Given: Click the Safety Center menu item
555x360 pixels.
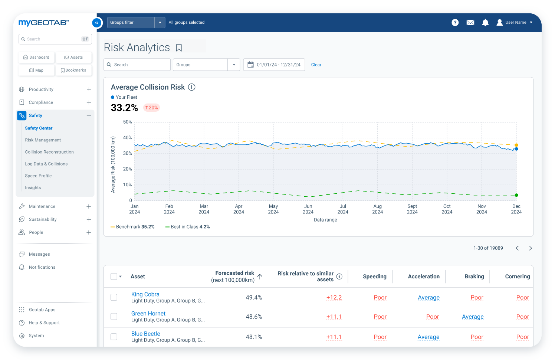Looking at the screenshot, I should click(39, 128).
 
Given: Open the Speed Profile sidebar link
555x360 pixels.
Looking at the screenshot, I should click(38, 176).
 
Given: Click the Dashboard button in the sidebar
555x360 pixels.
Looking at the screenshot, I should click(36, 58).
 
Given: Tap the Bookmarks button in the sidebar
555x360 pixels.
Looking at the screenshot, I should click(73, 71).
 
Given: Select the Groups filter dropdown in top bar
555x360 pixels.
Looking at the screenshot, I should click(136, 23).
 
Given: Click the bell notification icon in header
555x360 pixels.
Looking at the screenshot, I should click(485, 23).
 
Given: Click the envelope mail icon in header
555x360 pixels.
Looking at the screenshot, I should click(470, 23).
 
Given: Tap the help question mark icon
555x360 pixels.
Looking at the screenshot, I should click(455, 23).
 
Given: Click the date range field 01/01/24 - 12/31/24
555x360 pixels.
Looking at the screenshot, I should click(274, 65).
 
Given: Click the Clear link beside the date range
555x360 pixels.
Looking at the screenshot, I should click(316, 65).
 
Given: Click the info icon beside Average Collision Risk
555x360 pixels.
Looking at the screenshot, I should click(191, 87).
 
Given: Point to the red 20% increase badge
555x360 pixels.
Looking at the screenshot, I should click(151, 108).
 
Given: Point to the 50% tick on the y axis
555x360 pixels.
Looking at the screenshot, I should click(127, 122).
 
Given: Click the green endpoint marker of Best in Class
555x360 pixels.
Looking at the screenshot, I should click(516, 195).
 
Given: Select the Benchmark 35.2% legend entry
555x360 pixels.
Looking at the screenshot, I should click(132, 227).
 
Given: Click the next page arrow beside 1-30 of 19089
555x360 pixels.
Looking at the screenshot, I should click(530, 248).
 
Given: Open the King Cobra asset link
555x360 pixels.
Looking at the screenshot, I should click(145, 294).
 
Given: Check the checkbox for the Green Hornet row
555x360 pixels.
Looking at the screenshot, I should click(114, 317).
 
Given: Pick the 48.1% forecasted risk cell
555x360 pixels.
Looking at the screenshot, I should click(254, 337).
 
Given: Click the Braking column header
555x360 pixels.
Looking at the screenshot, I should click(474, 276).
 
